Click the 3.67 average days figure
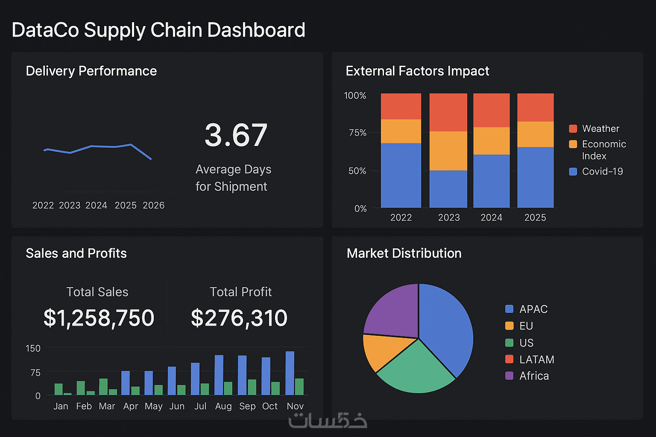[236, 135]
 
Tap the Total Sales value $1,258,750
[99, 318]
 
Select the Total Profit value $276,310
[239, 318]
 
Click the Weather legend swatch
[573, 128]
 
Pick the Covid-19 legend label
[602, 171]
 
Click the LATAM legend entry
[536, 359]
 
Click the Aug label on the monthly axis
[223, 406]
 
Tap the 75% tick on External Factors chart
[357, 133]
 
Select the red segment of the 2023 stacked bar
[448, 112]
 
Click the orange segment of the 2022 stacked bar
[401, 131]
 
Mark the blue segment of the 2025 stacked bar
[535, 177]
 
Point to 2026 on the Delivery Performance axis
[153, 205]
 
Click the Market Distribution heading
[404, 253]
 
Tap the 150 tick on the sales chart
[33, 348]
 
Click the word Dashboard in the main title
[256, 30]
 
